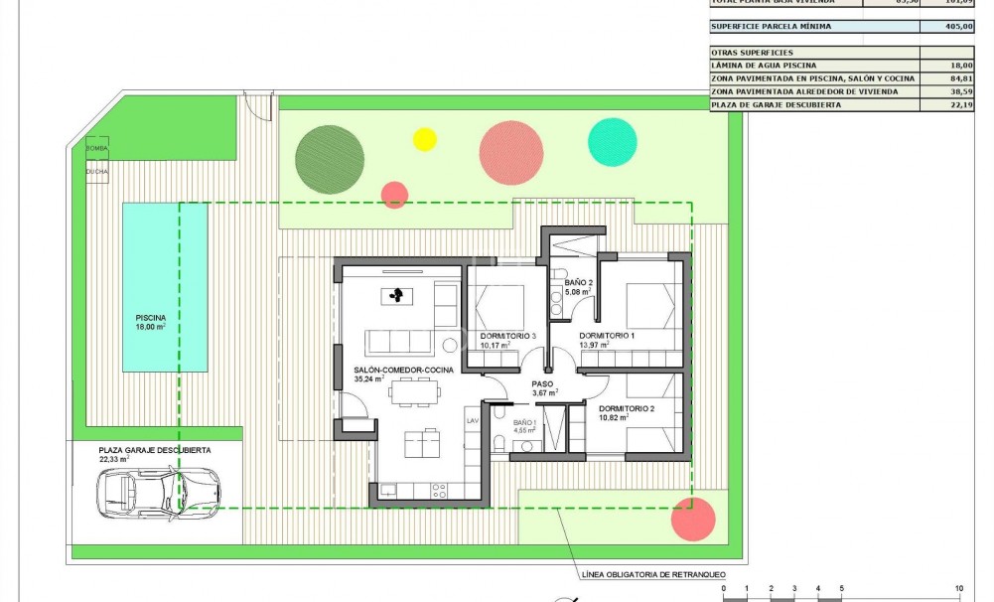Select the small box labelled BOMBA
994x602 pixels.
coord(97,148)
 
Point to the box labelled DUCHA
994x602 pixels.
coord(97,171)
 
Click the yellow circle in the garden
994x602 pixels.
coord(424,139)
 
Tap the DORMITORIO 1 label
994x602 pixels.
coord(608,337)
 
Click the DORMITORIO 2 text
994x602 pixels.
coord(627,408)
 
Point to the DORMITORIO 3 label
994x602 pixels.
coord(508,337)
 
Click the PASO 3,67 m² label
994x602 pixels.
coord(542,387)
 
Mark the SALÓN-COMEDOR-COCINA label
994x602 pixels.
coord(403,370)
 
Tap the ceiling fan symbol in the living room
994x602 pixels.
coord(397,295)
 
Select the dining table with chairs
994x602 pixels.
coord(415,394)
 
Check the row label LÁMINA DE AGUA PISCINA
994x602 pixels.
coord(764,65)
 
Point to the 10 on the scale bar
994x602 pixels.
coord(958,588)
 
